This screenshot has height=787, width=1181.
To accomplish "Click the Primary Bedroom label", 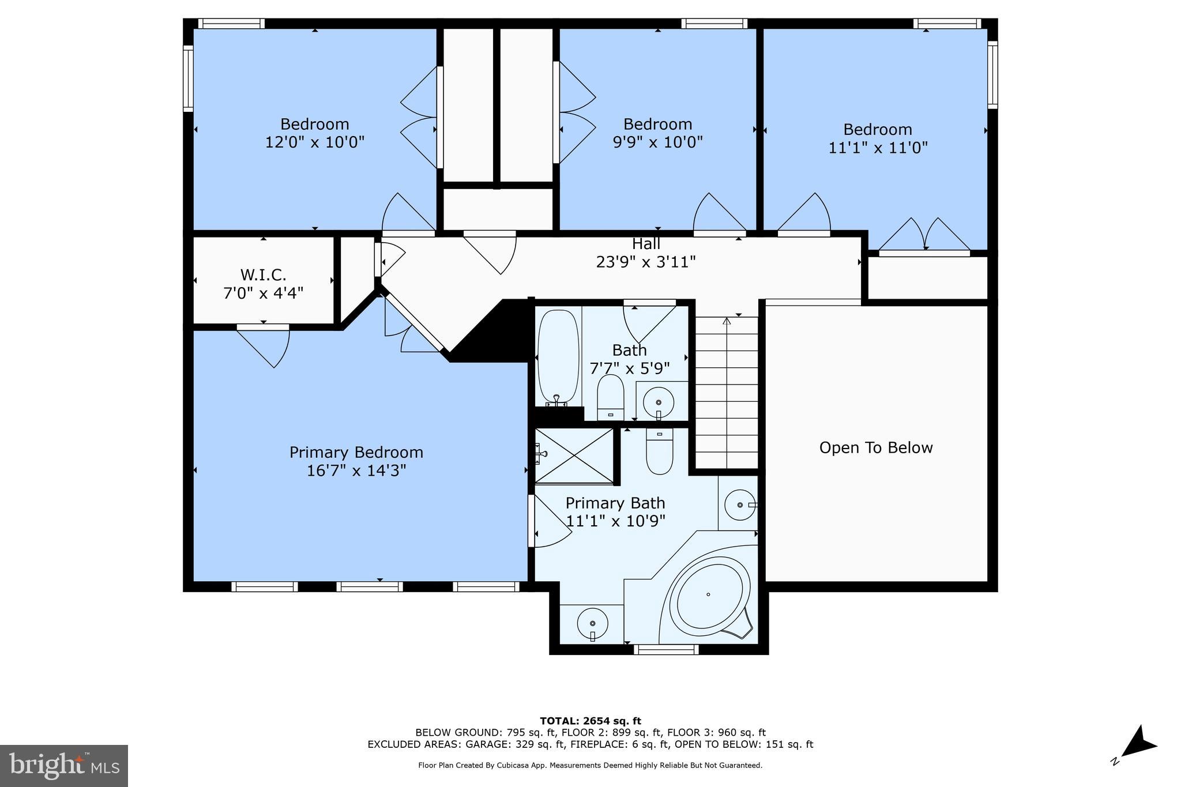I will coord(356,452).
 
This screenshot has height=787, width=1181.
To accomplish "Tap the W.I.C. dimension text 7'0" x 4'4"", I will coord(263,293).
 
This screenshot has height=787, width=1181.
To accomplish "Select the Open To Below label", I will coord(875,447).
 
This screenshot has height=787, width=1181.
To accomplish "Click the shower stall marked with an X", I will coord(574,455).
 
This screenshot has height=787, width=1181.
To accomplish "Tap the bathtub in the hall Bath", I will coord(558,356).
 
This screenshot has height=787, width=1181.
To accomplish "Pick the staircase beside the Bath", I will coord(726,392).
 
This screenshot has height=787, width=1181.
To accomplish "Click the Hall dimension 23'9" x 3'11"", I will coord(645,262).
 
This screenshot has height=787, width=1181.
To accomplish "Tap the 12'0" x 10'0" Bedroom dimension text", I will coord(314,142).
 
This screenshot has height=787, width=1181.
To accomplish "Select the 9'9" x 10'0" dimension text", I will coord(657,142).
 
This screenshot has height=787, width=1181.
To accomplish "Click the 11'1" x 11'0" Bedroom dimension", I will coord(878,148).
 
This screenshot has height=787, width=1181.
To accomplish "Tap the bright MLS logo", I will coord(64,766).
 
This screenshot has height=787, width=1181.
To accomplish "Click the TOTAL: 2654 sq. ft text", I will coord(590,721).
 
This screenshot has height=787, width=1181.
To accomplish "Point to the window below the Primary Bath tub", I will coord(666,650).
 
